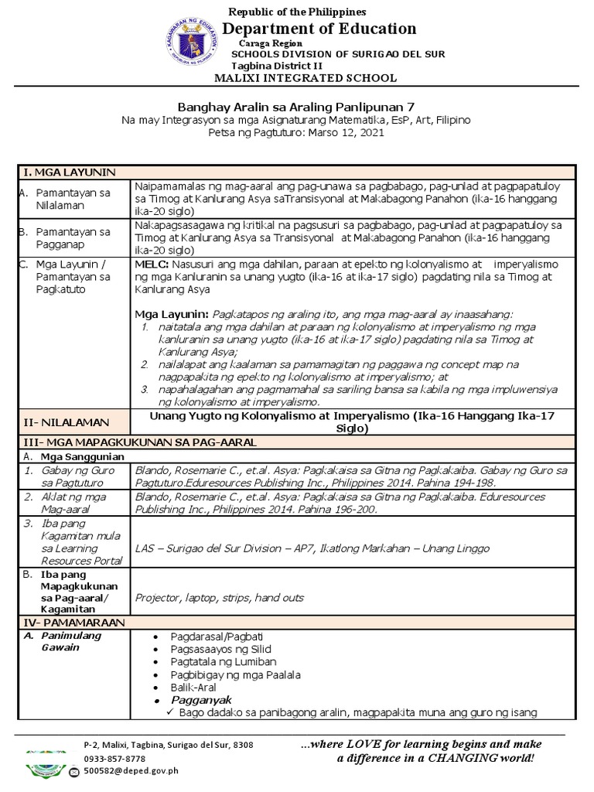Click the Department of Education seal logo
190,43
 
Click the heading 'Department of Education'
319,29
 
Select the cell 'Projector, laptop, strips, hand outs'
219,597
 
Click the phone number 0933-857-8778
114,759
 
